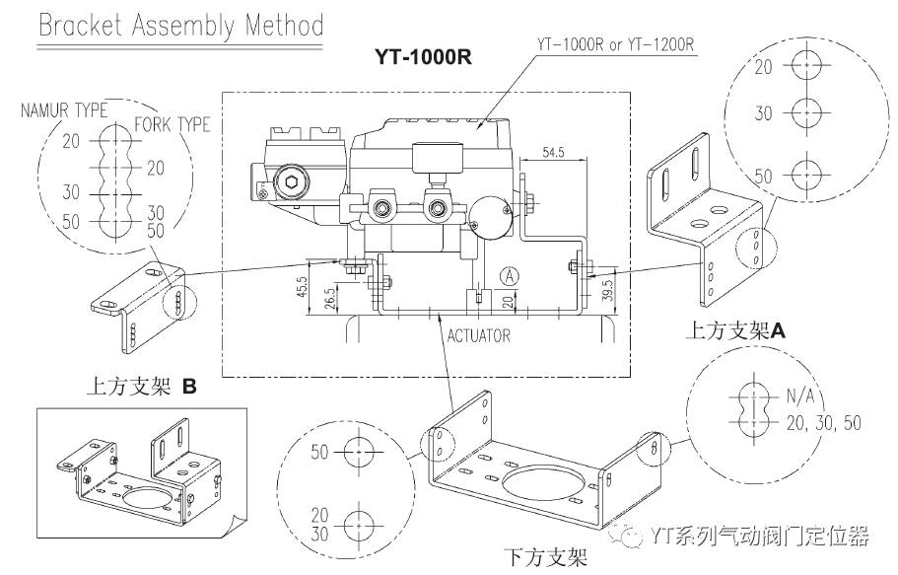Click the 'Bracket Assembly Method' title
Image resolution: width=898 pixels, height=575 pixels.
pos(180,24)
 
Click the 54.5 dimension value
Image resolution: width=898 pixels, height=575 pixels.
pos(553,153)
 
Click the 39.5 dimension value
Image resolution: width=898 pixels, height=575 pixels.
pos(608,289)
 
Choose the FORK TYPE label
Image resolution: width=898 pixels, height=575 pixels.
pos(172,124)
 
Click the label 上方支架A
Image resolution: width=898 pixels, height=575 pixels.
pos(734,332)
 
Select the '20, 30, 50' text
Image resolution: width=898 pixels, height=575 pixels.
pos(822,421)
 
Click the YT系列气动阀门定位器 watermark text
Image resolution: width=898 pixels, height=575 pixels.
pos(760,537)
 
